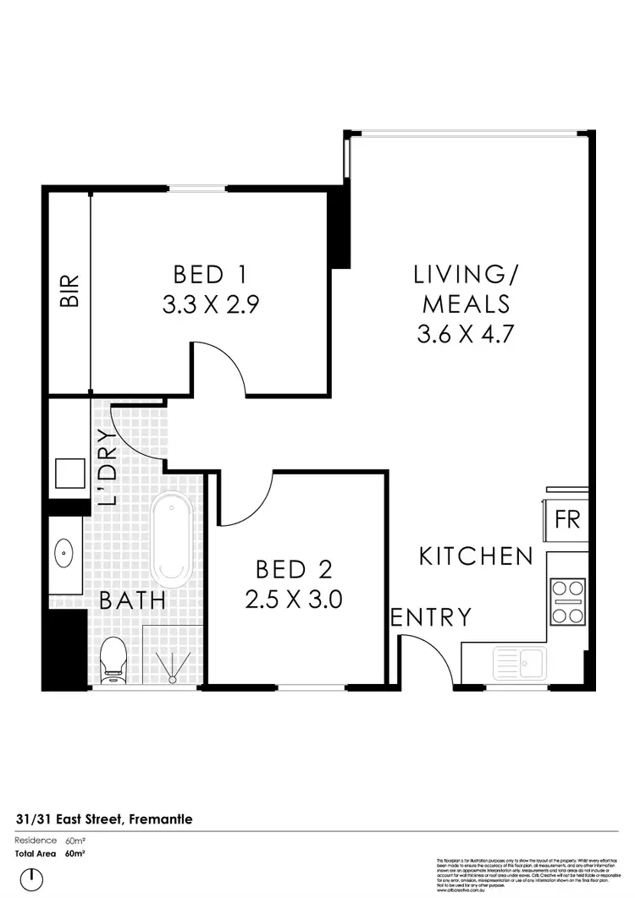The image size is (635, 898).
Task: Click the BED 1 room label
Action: point(209,275)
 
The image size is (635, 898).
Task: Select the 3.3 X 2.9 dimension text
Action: point(209,304)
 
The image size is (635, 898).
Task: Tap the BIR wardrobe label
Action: point(69,290)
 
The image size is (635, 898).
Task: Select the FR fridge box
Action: point(566,519)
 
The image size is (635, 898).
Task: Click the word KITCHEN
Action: point(477,556)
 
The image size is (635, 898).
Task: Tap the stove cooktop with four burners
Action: point(566,601)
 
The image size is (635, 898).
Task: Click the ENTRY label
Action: point(430,617)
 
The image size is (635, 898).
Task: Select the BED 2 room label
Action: point(293,569)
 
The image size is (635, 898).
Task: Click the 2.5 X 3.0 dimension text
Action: point(293,600)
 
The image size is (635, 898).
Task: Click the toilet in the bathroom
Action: point(112,661)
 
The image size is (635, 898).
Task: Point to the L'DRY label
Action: point(106,468)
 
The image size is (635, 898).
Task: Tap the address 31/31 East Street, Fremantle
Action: point(103,819)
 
